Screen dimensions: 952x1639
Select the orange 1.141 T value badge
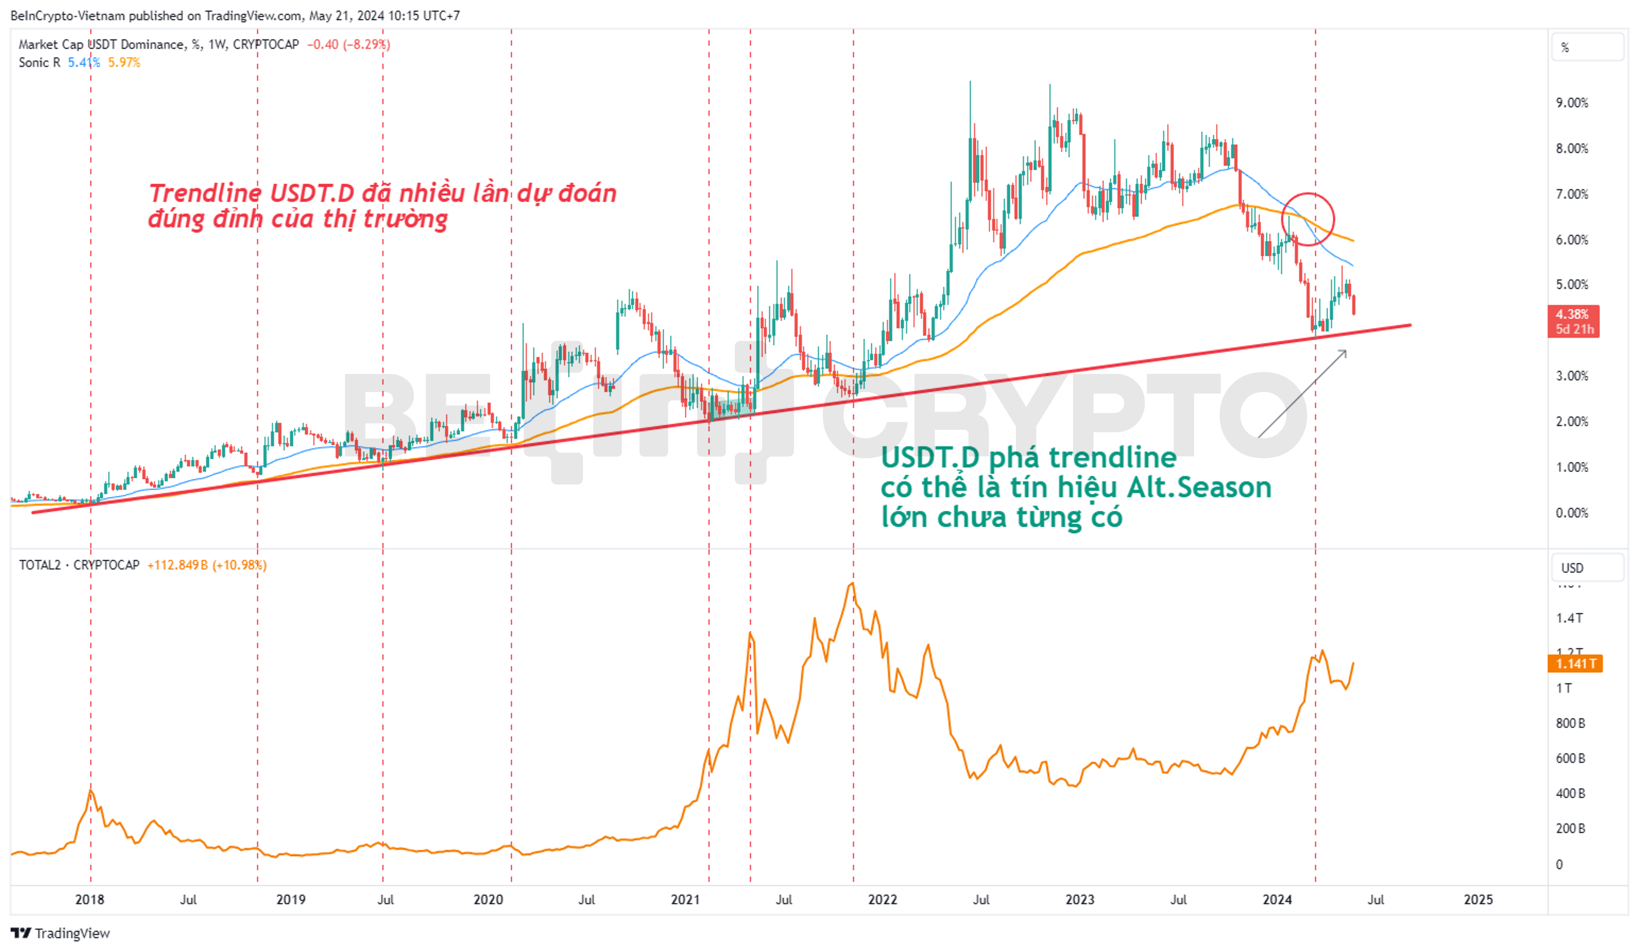(x=1575, y=664)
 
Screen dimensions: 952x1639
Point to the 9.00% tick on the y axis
(x=1571, y=103)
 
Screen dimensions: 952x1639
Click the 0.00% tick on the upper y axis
(x=1571, y=513)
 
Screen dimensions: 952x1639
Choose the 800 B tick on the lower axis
(x=1570, y=723)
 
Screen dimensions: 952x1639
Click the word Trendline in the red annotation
(x=205, y=193)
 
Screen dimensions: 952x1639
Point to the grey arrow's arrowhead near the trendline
(x=1344, y=352)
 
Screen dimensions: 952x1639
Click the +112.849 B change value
(x=177, y=565)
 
